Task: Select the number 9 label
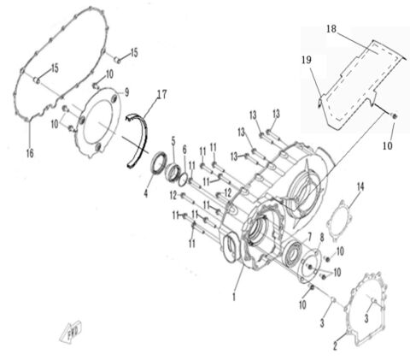(x=126, y=91)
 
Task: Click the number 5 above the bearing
(x=173, y=139)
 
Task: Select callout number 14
(x=360, y=186)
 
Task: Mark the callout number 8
(x=321, y=237)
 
